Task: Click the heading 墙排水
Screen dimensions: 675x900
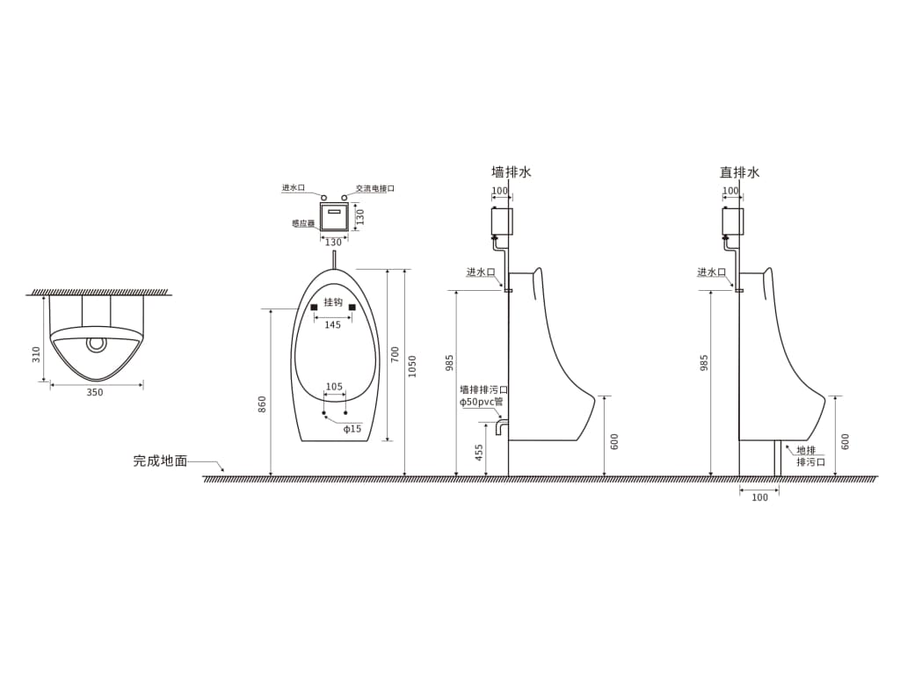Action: (x=511, y=172)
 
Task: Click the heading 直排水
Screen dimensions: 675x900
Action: (x=739, y=172)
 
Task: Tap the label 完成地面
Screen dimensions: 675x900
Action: (x=160, y=461)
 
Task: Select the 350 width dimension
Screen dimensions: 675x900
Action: (x=95, y=393)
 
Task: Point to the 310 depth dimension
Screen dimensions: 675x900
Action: (x=36, y=354)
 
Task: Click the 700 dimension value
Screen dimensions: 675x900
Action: (x=396, y=354)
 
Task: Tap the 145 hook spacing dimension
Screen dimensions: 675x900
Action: (x=332, y=325)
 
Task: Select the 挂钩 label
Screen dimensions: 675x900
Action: (x=333, y=302)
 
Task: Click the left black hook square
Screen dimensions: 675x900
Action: (x=314, y=307)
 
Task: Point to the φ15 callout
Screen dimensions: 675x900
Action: (x=352, y=429)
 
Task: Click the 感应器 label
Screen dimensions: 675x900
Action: (x=303, y=223)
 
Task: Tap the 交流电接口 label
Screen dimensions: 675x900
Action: (x=375, y=188)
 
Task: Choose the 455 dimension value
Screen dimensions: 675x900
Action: (x=479, y=452)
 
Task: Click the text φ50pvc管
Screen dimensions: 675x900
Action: (x=482, y=402)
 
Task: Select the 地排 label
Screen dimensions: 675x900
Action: (x=806, y=450)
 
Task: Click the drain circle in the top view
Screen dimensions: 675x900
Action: (x=95, y=343)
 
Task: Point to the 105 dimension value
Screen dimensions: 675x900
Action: (x=334, y=387)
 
